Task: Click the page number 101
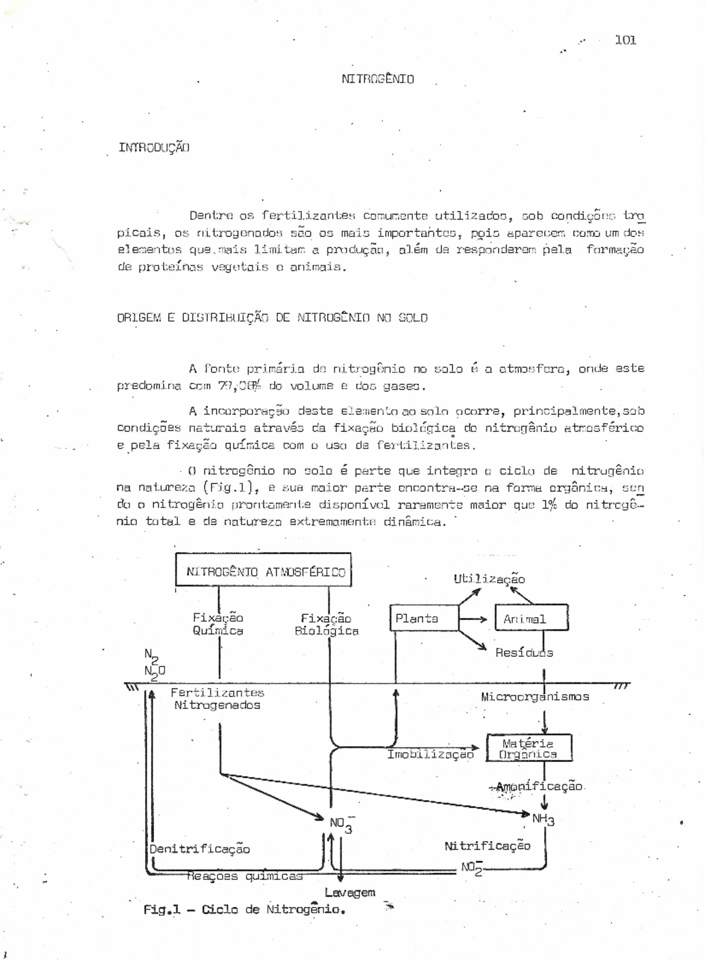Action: click(626, 40)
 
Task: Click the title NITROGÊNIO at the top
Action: click(378, 79)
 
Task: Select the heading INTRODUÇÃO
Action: click(154, 147)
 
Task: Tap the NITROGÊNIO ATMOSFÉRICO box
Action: click(264, 570)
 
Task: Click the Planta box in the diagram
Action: click(424, 618)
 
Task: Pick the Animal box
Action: click(531, 618)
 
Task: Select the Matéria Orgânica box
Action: click(529, 748)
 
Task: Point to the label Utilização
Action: click(489, 579)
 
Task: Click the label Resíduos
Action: click(523, 652)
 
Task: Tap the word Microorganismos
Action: click(535, 697)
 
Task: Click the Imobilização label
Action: click(430, 754)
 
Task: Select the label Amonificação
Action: click(539, 786)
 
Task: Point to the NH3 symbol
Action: click(543, 819)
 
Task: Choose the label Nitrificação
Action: click(487, 846)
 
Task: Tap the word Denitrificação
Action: click(199, 849)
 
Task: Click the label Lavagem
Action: click(350, 892)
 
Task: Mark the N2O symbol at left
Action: click(155, 671)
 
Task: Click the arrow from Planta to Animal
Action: click(473, 619)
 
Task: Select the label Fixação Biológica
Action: click(327, 624)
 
